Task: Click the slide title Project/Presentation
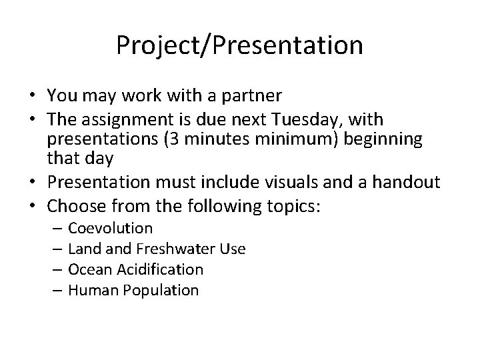point(239,46)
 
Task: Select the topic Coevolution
point(111,229)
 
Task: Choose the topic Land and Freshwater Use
point(157,249)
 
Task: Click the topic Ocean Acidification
point(135,269)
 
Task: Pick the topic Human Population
point(133,290)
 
